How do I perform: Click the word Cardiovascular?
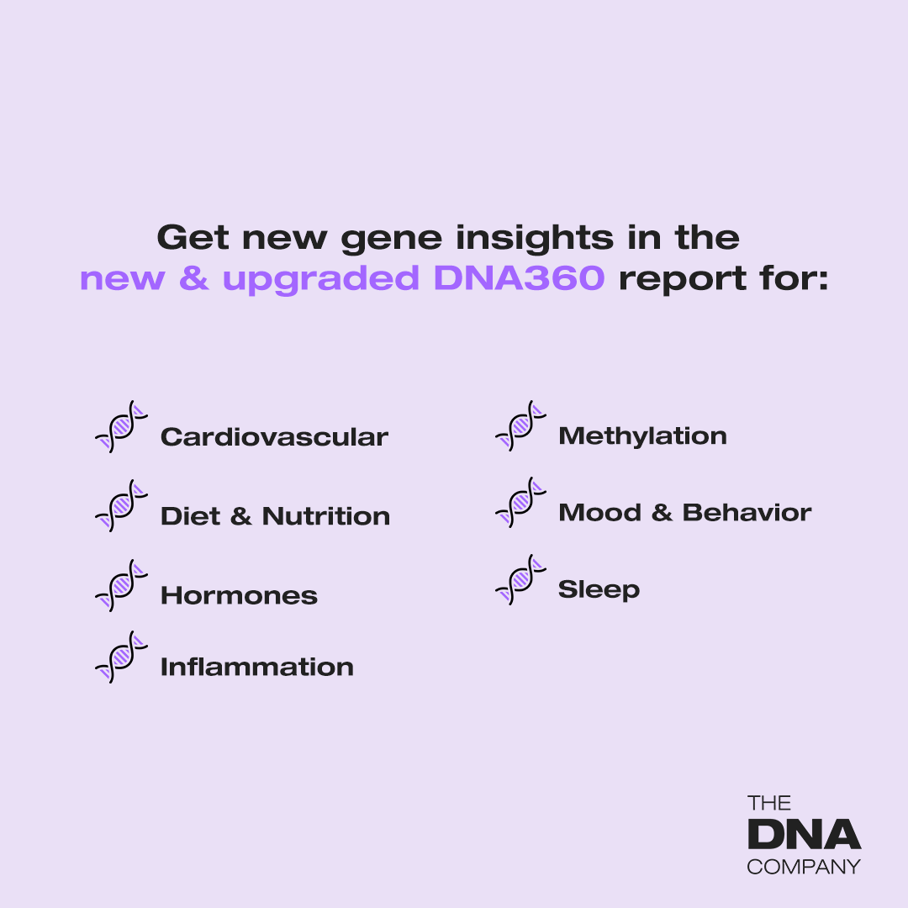(274, 437)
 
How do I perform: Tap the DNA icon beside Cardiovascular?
(121, 427)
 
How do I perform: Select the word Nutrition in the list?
(326, 516)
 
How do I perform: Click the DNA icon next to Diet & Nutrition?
(121, 506)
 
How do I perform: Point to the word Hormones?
(239, 596)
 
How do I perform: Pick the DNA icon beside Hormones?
(121, 585)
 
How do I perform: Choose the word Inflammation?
(256, 668)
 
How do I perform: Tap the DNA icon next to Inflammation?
(121, 657)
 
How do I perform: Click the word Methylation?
(642, 436)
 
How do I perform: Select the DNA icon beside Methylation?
(521, 426)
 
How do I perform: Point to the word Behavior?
(747, 513)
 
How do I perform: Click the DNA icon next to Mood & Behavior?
(521, 503)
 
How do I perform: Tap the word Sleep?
(599, 590)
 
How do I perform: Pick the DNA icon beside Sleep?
(521, 580)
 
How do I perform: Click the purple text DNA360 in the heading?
(520, 279)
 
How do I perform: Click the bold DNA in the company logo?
(804, 835)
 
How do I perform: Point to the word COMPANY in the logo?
(804, 866)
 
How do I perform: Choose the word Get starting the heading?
(193, 238)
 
